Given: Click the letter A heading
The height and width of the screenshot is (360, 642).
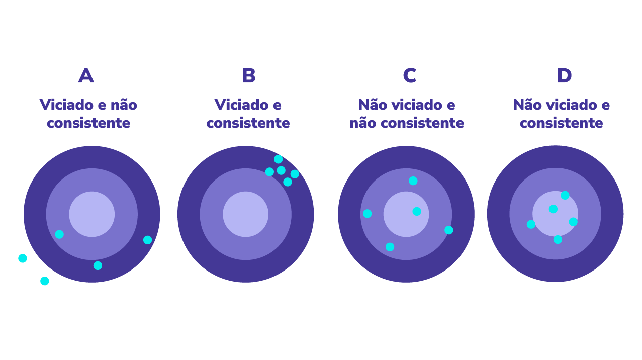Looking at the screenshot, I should tap(86, 76).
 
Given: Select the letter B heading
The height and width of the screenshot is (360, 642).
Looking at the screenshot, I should tap(248, 76).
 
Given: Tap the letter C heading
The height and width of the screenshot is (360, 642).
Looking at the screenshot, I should tap(409, 76).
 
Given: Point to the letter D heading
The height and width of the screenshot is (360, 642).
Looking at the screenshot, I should tap(564, 76).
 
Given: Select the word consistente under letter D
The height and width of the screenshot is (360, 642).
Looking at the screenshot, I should tap(561, 123).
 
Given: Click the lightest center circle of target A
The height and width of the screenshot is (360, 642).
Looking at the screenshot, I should tap(92, 214).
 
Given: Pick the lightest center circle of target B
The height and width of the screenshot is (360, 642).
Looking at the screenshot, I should tap(246, 214).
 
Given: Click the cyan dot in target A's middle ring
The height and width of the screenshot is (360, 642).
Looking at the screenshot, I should tap(59, 234).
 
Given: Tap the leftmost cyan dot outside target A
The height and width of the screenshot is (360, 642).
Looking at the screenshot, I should tap(23, 258).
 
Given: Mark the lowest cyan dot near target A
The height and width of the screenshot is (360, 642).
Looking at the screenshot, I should tap(45, 281).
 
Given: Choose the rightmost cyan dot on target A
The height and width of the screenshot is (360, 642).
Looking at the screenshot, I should tap(147, 240).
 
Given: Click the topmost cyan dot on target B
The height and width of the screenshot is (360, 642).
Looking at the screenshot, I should tap(278, 159).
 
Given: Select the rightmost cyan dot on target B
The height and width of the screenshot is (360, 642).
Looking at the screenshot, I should tap(295, 174).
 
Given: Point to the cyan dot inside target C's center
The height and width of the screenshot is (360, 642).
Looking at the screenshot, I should tap(417, 211).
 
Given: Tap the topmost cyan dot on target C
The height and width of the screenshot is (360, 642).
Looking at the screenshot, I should tap(413, 181).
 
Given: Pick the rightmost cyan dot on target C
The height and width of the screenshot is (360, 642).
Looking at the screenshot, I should tap(449, 230).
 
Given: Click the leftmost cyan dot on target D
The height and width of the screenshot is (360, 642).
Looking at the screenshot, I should tap(531, 224).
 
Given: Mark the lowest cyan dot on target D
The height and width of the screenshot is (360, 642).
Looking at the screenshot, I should tap(558, 240).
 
